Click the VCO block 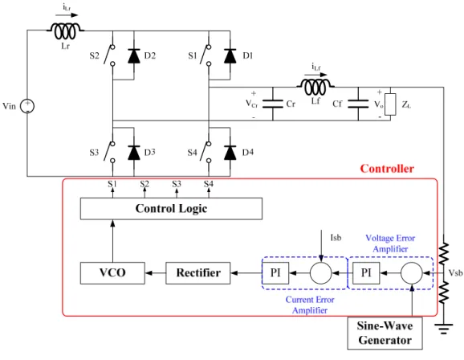coord(112,273)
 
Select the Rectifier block coord(198,273)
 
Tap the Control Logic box coord(171,209)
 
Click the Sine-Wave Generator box coord(385,333)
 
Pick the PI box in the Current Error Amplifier coord(275,273)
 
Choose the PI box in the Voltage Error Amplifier coord(366,273)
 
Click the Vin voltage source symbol coord(27,106)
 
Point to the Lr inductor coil coord(65,31)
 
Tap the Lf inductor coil coord(315,87)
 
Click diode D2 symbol coord(134,56)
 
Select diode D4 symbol coord(230,153)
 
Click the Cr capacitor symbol coord(273,104)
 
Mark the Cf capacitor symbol coord(358,104)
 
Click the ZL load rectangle coord(390,104)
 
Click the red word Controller coord(387,169)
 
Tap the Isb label coord(336,238)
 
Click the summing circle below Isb coord(321,273)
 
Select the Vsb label coord(455,272)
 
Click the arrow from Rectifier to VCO coord(156,273)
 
